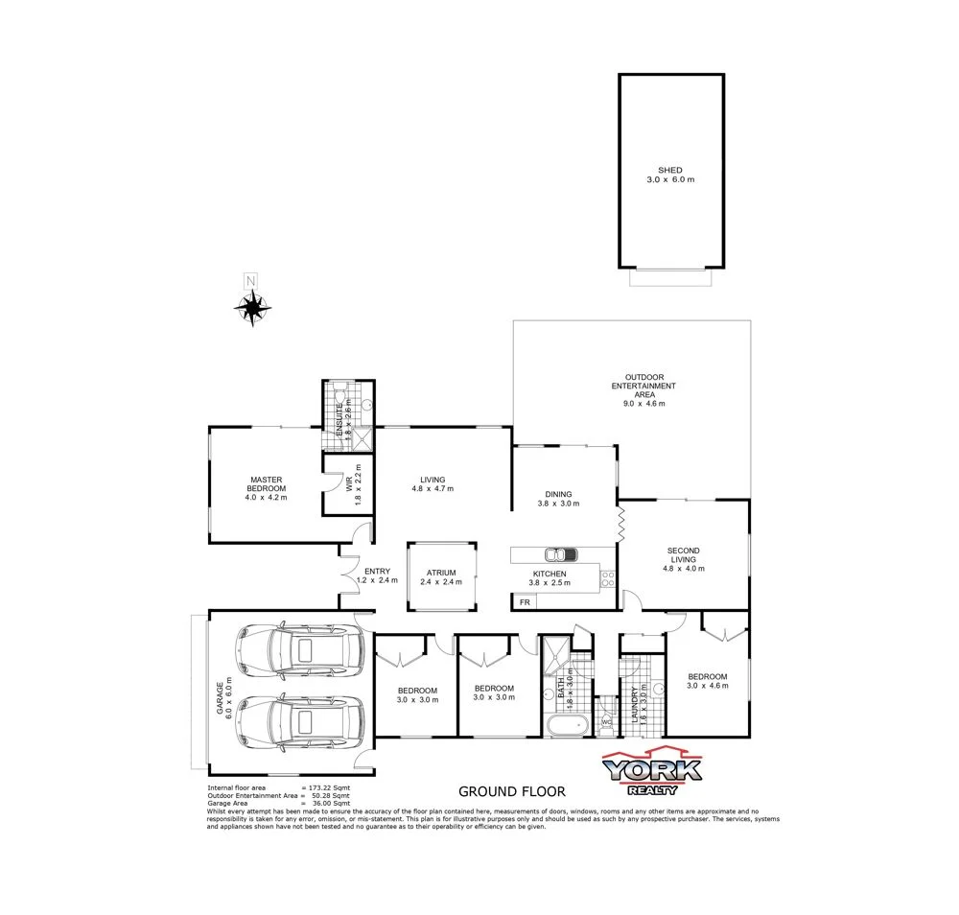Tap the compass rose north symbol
(252, 307)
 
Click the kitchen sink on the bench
(558, 553)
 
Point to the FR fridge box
(524, 601)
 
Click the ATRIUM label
(441, 573)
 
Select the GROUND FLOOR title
(511, 791)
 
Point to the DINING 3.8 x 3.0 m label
(556, 498)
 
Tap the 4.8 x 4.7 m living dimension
(433, 489)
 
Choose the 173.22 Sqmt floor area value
(332, 786)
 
